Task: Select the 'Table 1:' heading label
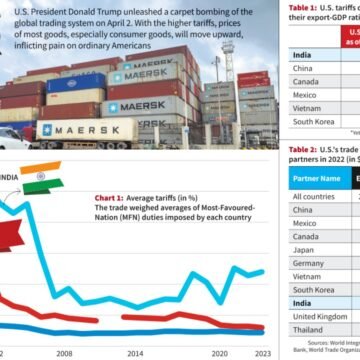pos(290,6)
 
